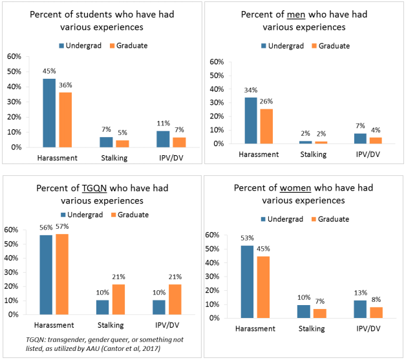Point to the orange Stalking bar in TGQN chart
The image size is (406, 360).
[x=118, y=299]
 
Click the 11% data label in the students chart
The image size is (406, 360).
[x=162, y=123]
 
